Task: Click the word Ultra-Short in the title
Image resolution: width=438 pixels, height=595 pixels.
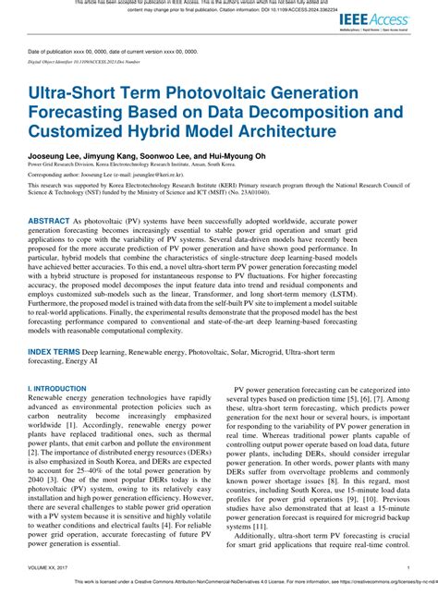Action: coord(73,94)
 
